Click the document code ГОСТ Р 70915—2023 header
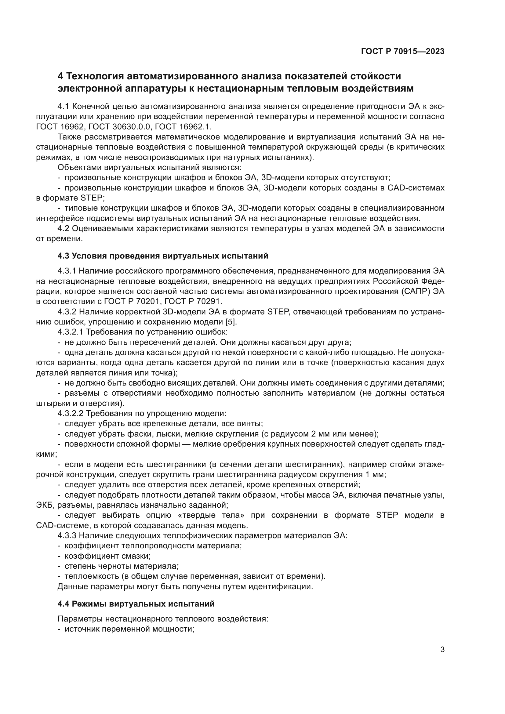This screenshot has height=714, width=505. coord(402,52)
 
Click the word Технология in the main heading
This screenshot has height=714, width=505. coord(94,76)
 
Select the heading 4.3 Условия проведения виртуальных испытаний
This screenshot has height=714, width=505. coord(163,256)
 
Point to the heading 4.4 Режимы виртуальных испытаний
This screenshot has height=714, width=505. coord(136,604)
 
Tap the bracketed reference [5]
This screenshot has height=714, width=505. coord(229,322)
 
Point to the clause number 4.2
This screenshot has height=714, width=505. coord(64,229)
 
